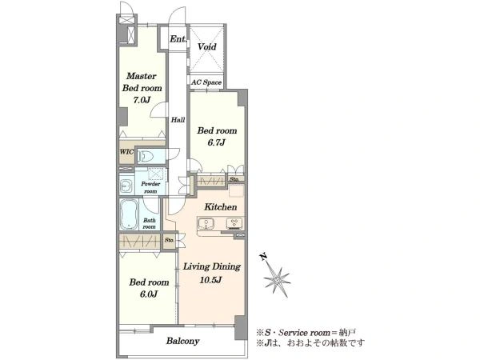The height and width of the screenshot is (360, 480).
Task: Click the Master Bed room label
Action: pyautogui.click(x=142, y=82)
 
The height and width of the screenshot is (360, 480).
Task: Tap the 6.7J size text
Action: pyautogui.click(x=217, y=142)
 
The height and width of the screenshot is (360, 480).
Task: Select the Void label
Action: pyautogui.click(x=207, y=47)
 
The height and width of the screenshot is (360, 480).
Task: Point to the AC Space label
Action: pyautogui.click(x=206, y=82)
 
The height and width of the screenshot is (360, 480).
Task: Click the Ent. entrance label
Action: pyautogui.click(x=178, y=39)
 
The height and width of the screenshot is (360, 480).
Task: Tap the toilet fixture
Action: pyautogui.click(x=146, y=156)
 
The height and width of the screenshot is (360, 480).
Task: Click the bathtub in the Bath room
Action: pyautogui.click(x=130, y=214)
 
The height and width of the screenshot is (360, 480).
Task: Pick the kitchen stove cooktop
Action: pyautogui.click(x=234, y=223)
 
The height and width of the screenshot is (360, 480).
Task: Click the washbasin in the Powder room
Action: pyautogui.click(x=126, y=186)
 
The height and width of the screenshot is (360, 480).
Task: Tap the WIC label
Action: pyautogui.click(x=126, y=152)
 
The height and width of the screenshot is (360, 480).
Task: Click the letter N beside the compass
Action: pyautogui.click(x=262, y=257)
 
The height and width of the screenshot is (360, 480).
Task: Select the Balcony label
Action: pyautogui.click(x=182, y=341)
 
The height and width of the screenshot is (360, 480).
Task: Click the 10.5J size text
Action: pyautogui.click(x=210, y=280)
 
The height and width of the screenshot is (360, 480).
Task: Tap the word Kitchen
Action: pyautogui.click(x=221, y=207)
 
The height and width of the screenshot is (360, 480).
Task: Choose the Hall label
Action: pyautogui.click(x=178, y=120)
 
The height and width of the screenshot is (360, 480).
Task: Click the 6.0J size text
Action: pyautogui.click(x=149, y=294)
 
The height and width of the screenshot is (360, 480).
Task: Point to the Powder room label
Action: pyautogui.click(x=150, y=187)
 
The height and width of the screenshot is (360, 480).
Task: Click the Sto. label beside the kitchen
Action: pyautogui.click(x=234, y=180)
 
